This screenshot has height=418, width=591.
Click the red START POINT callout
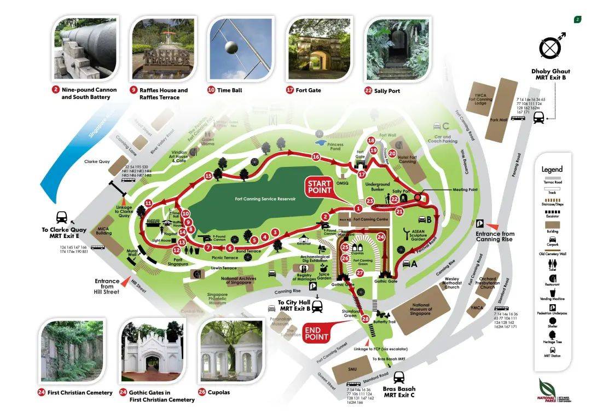[320, 187]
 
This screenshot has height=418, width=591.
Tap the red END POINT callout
[316, 333]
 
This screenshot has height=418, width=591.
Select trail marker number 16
[315, 157]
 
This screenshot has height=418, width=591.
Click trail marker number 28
[366, 318]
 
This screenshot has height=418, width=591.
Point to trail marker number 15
[208, 176]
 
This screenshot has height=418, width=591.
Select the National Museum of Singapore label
[421, 309]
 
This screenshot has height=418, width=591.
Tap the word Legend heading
[552, 170]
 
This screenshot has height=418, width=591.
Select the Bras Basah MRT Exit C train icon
[399, 377]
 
